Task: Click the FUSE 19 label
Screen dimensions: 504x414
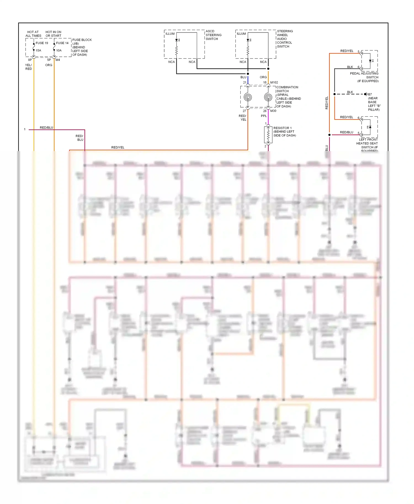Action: coord(42,43)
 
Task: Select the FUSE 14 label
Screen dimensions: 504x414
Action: coord(62,43)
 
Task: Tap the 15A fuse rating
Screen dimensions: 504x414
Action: coord(38,50)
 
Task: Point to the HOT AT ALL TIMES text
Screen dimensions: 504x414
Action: coord(33,34)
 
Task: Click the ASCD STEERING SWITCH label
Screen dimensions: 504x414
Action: coord(213,35)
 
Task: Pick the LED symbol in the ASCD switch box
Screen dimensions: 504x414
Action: coord(177,40)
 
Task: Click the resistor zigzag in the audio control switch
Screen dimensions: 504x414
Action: coord(248,50)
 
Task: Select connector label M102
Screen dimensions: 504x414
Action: coord(274,82)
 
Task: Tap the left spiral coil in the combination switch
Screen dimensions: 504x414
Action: coord(248,97)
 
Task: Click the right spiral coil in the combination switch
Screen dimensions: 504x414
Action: coord(268,97)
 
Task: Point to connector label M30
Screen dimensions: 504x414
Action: coord(273,111)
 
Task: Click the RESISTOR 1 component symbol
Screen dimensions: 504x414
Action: coord(268,135)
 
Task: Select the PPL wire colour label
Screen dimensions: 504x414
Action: coord(264,116)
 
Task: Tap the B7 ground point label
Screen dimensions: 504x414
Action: coord(370,94)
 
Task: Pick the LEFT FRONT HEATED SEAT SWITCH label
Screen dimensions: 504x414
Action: coord(367,143)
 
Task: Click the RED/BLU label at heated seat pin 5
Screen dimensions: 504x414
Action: coord(346,132)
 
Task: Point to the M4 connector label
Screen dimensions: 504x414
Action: coord(58,60)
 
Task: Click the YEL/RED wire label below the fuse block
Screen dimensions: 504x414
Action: coord(28,67)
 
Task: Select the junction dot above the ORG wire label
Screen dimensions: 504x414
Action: coord(268,69)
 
